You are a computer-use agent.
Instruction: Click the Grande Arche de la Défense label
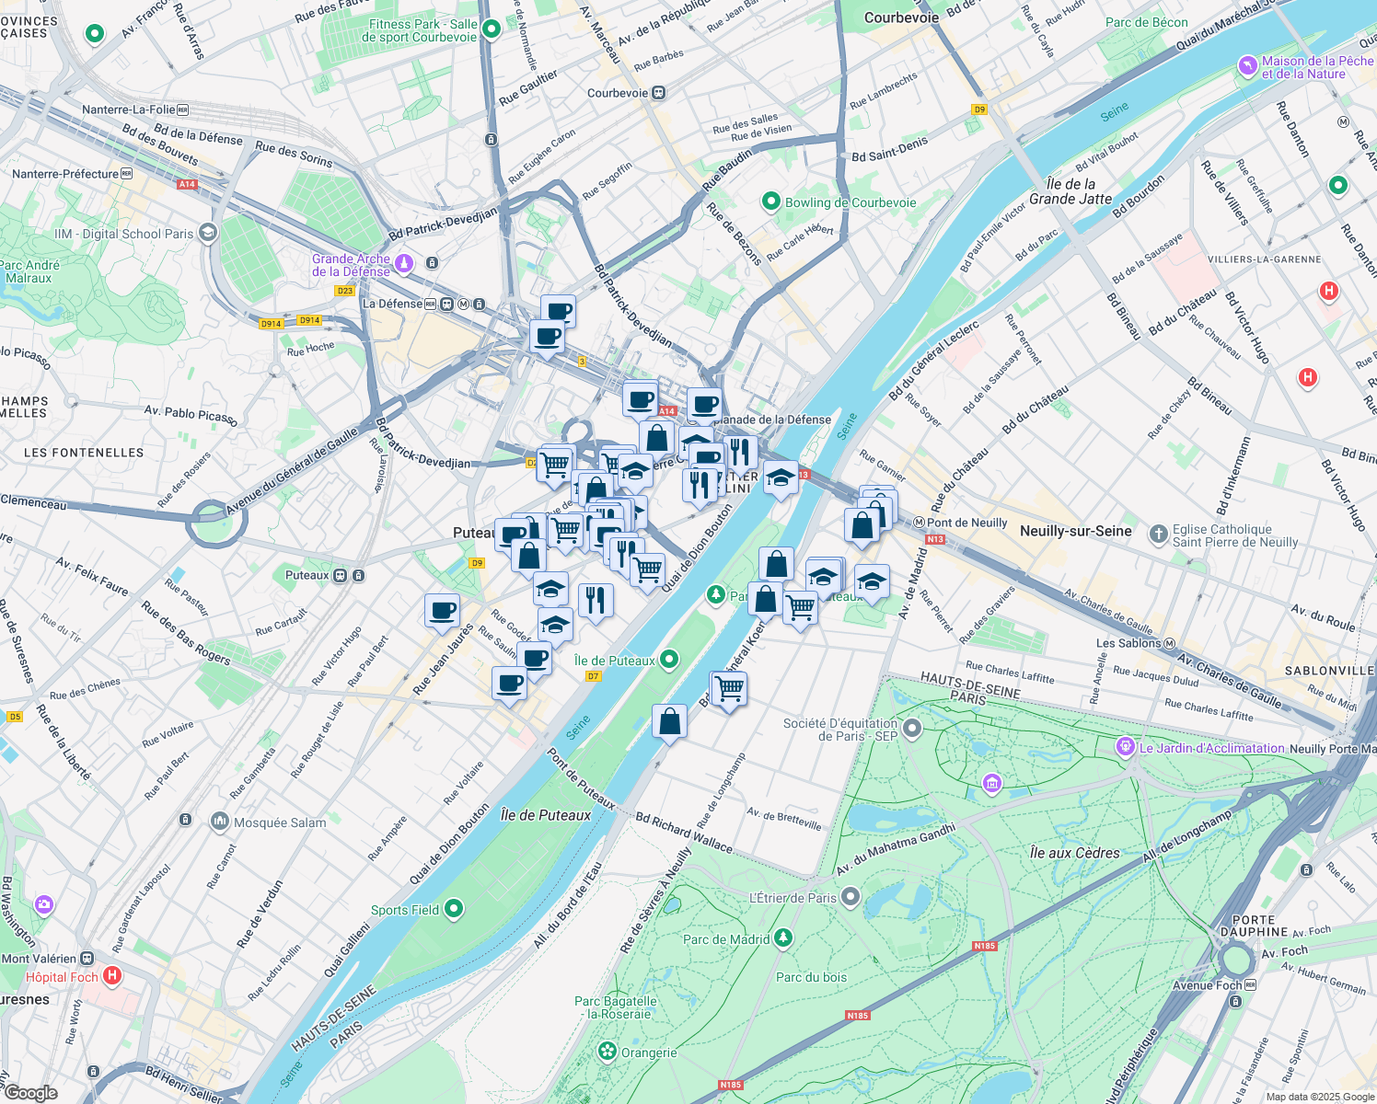point(351,265)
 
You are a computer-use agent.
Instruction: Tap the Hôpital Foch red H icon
point(112,975)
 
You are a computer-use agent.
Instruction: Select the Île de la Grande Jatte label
point(1070,191)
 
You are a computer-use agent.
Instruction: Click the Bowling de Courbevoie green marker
point(771,201)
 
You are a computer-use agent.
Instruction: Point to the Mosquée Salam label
point(280,822)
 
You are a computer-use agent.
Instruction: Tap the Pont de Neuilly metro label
point(966,523)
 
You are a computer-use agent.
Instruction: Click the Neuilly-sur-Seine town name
point(1075,531)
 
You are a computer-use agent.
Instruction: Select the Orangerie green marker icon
point(607,1051)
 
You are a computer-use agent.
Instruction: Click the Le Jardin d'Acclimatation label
point(1211,748)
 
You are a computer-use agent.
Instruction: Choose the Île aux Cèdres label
point(1074,853)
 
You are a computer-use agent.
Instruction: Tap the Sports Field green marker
point(454,909)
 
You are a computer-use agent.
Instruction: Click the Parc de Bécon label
point(1146,22)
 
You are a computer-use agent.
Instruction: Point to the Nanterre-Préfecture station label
point(65,173)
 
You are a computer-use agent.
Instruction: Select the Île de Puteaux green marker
point(669,659)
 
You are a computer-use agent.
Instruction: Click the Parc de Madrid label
point(726,939)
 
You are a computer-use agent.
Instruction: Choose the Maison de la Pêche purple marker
point(1247,65)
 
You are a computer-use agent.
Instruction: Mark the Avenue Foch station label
point(1206,985)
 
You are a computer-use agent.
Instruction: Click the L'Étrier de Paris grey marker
point(850,896)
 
